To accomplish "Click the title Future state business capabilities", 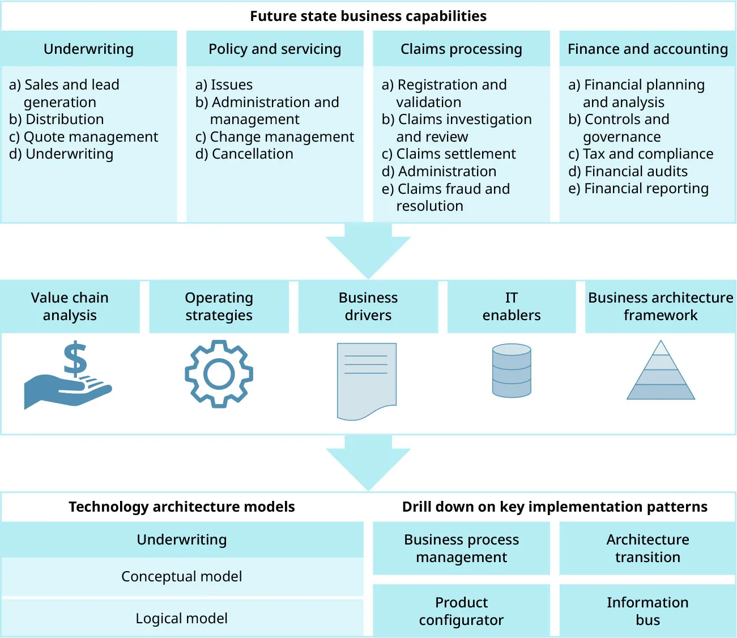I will pyautogui.click(x=368, y=16).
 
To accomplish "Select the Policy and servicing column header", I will pyautogui.click(x=275, y=49).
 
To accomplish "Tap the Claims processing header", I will pyautogui.click(x=461, y=49).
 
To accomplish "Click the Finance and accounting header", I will pyautogui.click(x=647, y=49).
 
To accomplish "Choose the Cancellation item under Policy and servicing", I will pyautogui.click(x=245, y=154).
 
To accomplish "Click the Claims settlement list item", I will pyautogui.click(x=449, y=154).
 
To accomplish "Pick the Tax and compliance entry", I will pyautogui.click(x=641, y=154).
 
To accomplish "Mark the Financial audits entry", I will pyautogui.click(x=628, y=171).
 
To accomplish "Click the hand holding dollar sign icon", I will pyautogui.click(x=68, y=377).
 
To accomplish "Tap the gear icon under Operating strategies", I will pyautogui.click(x=219, y=373).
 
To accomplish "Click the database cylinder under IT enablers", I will pyautogui.click(x=512, y=371).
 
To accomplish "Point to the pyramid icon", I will pyautogui.click(x=661, y=373).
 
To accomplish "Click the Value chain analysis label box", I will pyautogui.click(x=70, y=307).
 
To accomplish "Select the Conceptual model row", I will pyautogui.click(x=182, y=577).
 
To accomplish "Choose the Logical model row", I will pyautogui.click(x=182, y=618).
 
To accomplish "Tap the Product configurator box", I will pyautogui.click(x=461, y=611).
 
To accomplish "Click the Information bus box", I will pyautogui.click(x=647, y=611).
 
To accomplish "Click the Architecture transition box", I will pyautogui.click(x=647, y=548).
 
